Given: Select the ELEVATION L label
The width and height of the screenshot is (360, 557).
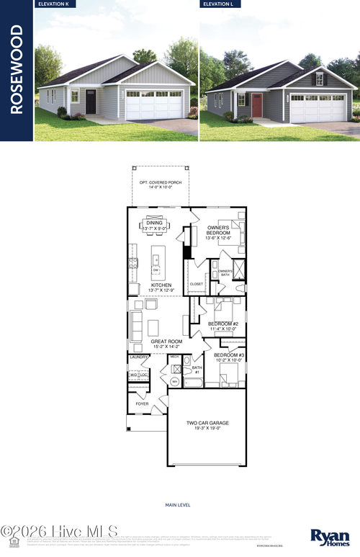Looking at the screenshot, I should pos(222,4).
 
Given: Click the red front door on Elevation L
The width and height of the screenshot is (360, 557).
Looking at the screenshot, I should pos(257,105).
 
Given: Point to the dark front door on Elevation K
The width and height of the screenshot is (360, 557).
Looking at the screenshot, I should pos(91,102).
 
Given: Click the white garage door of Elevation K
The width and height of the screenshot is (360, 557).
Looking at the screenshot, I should pos(154,105).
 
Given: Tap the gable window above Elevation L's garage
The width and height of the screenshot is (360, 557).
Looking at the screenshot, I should pos(319,79).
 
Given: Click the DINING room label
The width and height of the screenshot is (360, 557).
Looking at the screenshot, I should pos(154,223).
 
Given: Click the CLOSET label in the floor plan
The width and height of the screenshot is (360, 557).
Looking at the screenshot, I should pos(196,284).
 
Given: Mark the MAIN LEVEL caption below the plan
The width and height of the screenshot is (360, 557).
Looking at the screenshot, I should pos(178,505).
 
